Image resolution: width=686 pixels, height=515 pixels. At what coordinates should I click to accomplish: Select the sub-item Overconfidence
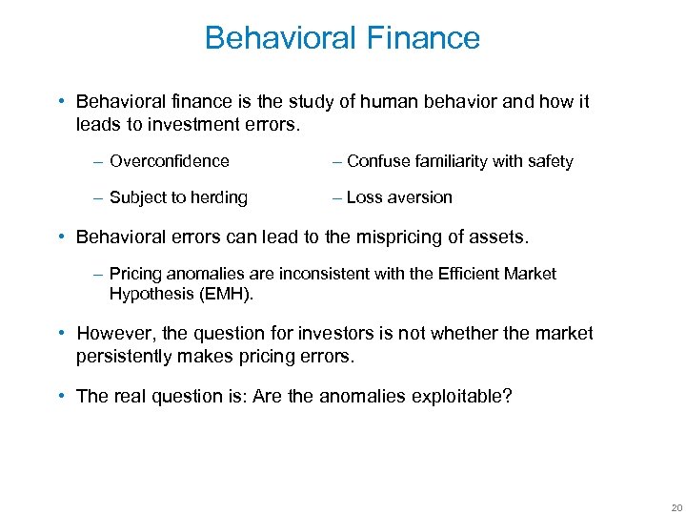pyautogui.click(x=169, y=161)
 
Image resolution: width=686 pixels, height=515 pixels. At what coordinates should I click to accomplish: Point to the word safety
pyautogui.click(x=549, y=161)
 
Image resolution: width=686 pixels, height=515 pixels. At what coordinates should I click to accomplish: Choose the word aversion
pyautogui.click(x=418, y=197)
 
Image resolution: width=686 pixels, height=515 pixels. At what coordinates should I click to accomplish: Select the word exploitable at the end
pyautogui.click(x=460, y=396)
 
